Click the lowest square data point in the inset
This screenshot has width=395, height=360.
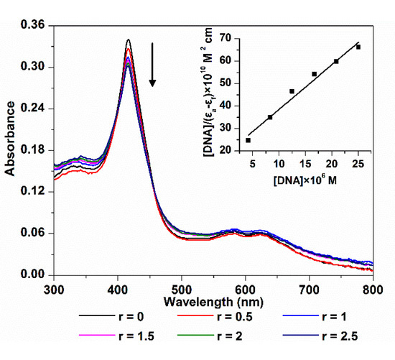[248, 140]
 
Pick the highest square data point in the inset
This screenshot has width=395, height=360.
[358, 47]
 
